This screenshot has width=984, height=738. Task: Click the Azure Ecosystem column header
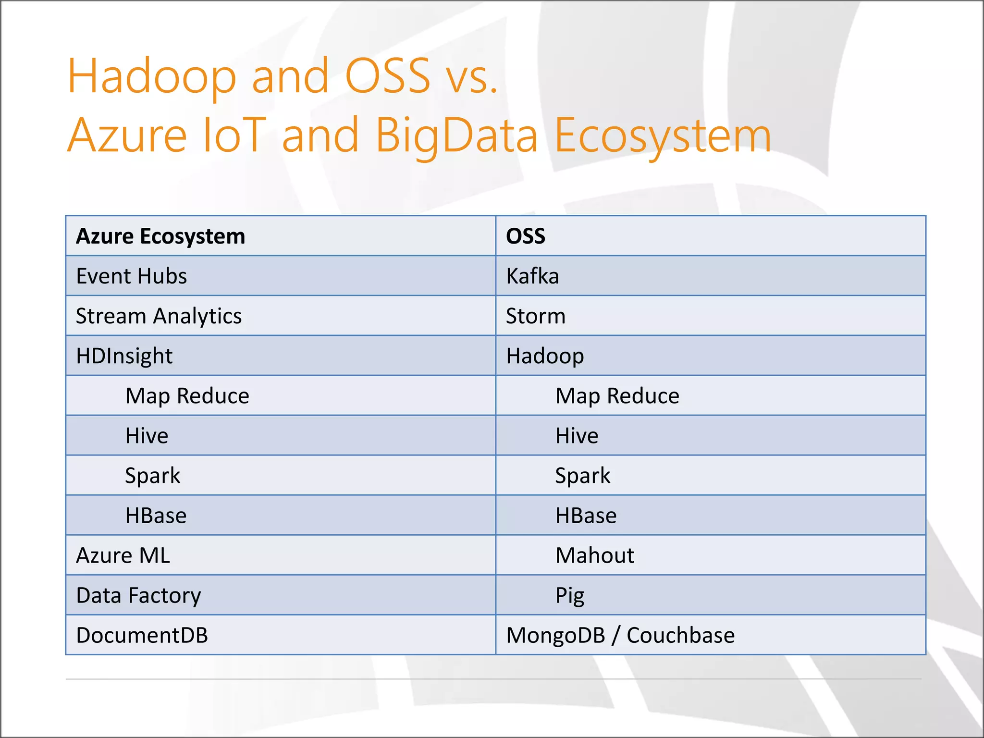(160, 236)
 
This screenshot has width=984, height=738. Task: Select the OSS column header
(526, 236)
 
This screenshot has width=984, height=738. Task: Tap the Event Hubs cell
(131, 276)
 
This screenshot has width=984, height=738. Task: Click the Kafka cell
(532, 276)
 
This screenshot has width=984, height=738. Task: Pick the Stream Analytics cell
(159, 316)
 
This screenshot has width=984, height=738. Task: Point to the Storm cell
(536, 316)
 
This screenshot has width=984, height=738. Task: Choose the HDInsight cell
(124, 356)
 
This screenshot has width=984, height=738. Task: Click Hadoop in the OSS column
(545, 356)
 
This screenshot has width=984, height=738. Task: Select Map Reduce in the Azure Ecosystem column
(187, 396)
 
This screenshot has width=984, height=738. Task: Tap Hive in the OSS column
(577, 436)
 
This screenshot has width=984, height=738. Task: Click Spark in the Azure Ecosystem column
(152, 476)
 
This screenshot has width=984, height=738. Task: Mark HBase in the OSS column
(586, 516)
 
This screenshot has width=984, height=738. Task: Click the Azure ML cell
(123, 555)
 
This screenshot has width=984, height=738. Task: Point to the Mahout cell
(594, 555)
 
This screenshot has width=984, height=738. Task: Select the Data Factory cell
(138, 595)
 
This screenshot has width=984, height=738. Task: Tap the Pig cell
(570, 595)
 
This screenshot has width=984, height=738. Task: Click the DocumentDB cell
(142, 635)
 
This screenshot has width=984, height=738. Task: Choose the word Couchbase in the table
(680, 635)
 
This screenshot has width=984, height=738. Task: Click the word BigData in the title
(456, 135)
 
